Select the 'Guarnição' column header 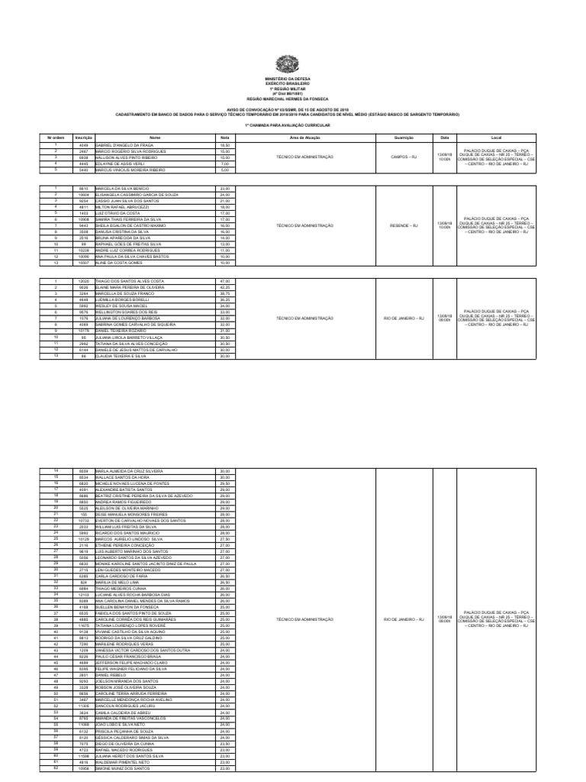(x=404, y=137)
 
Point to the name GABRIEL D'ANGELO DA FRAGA (x=124, y=144)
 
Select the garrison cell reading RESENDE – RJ (x=404, y=226)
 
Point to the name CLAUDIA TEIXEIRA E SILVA (x=123, y=355)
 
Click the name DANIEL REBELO (x=111, y=675)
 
